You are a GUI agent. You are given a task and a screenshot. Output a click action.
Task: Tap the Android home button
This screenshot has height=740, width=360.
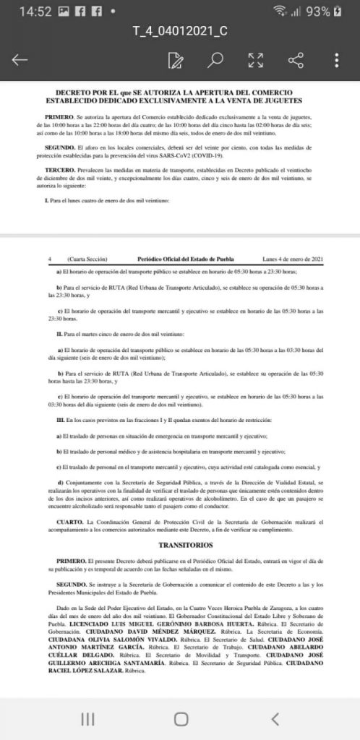click(181, 718)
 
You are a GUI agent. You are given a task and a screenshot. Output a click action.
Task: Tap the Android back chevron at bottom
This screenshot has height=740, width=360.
click(275, 718)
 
